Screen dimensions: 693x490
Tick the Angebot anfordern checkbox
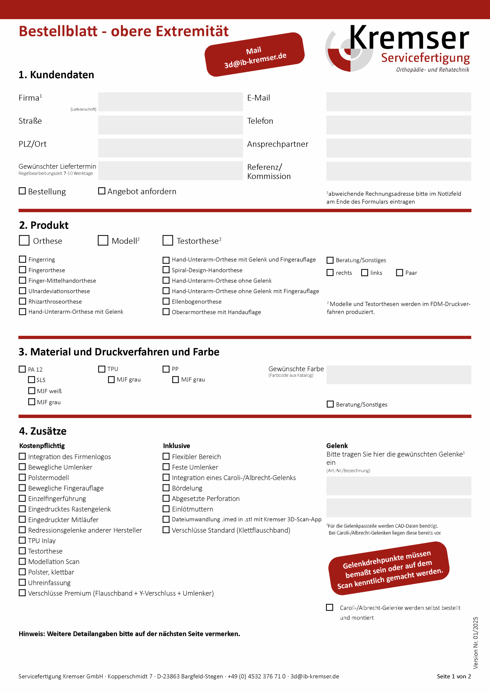coord(102,191)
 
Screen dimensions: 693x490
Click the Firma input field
coord(170,102)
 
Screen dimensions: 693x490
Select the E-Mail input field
coord(398,102)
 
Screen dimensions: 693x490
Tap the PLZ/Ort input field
coord(170,148)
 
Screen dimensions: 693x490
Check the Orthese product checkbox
coord(24,241)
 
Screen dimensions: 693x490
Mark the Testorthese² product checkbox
coord(168,241)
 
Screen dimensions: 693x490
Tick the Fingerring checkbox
coord(22,259)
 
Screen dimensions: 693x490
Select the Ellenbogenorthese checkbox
coord(166,301)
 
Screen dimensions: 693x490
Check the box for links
coord(365,273)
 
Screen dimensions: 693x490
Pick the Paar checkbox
coord(399,273)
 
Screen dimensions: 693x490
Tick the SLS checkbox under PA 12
coord(31,380)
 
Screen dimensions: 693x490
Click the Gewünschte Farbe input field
coord(398,375)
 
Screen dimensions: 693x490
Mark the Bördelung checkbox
coord(166,488)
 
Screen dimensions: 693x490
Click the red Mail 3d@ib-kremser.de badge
coord(254,54)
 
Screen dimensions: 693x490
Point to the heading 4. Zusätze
coord(43,431)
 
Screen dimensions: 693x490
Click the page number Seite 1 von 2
coord(453,676)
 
